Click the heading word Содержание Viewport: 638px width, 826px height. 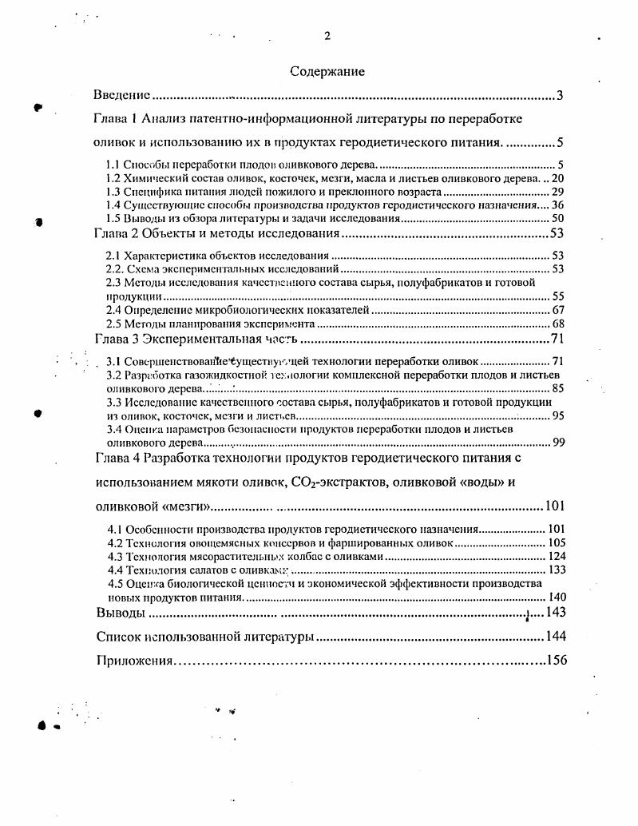[x=327, y=72]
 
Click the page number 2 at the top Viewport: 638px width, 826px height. [x=327, y=35]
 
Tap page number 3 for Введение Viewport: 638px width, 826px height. [x=561, y=96]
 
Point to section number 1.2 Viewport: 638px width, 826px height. [x=114, y=178]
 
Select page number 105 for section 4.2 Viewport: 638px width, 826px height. [x=556, y=542]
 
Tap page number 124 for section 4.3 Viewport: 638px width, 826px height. [x=556, y=556]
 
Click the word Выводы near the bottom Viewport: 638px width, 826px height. [x=121, y=613]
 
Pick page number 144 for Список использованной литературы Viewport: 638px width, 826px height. [x=555, y=637]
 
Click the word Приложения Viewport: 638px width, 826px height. [x=135, y=661]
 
